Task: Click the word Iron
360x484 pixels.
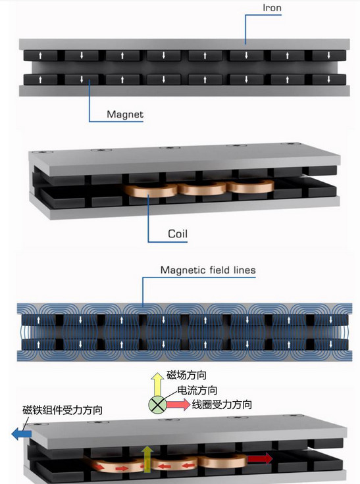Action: pyautogui.click(x=272, y=8)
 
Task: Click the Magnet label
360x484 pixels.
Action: pyautogui.click(x=125, y=114)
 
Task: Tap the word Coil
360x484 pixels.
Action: pyautogui.click(x=178, y=233)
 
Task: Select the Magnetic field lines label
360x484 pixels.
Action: pyautogui.click(x=208, y=270)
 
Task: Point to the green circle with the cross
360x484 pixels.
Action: pyautogui.click(x=157, y=404)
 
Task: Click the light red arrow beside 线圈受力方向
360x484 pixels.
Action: pyautogui.click(x=178, y=404)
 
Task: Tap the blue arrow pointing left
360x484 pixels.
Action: pyautogui.click(x=21, y=433)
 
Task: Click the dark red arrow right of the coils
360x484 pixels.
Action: pyautogui.click(x=260, y=458)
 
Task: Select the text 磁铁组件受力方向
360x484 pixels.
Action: pyautogui.click(x=63, y=410)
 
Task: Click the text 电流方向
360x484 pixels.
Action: pyautogui.click(x=197, y=390)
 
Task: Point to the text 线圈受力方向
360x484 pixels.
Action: pyautogui.click(x=222, y=404)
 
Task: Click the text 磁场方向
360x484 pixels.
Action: pyautogui.click(x=186, y=375)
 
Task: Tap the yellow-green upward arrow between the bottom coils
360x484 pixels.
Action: pyautogui.click(x=147, y=459)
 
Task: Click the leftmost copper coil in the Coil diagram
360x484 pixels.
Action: pyautogui.click(x=151, y=190)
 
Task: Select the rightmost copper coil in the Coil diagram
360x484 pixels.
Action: pyautogui.click(x=251, y=187)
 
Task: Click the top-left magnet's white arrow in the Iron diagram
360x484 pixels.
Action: pyautogui.click(x=40, y=55)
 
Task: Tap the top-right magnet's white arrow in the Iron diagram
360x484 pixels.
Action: pyautogui.click(x=328, y=55)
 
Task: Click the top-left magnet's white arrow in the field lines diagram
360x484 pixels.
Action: pyautogui.click(x=39, y=320)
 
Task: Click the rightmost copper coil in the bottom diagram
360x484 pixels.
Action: pyautogui.click(x=223, y=461)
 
